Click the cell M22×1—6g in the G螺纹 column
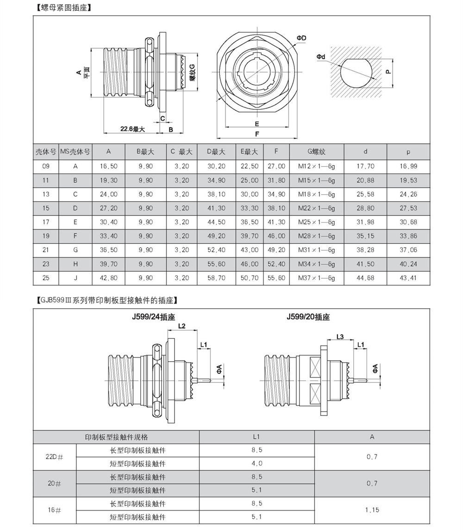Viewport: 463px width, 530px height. click(x=317, y=208)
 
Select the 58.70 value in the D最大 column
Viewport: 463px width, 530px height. click(x=216, y=278)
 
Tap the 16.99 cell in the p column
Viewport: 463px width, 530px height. click(x=408, y=166)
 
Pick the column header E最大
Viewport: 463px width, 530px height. click(x=249, y=152)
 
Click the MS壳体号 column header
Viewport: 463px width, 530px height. click(x=75, y=152)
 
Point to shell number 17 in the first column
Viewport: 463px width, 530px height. click(x=46, y=222)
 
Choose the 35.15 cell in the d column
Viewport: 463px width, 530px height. click(x=365, y=236)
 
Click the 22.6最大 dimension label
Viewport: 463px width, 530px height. click(x=132, y=129)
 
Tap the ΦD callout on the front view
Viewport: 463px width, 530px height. click(x=301, y=37)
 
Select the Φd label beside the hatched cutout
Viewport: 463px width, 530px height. click(x=321, y=57)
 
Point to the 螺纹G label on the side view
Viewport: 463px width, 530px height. click(x=192, y=72)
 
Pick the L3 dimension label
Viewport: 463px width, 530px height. click(x=339, y=337)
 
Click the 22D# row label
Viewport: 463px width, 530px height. click(x=54, y=457)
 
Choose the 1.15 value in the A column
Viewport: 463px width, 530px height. click(x=372, y=510)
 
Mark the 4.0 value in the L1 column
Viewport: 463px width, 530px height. click(x=257, y=463)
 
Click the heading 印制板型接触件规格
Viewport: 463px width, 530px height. click(x=116, y=437)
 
